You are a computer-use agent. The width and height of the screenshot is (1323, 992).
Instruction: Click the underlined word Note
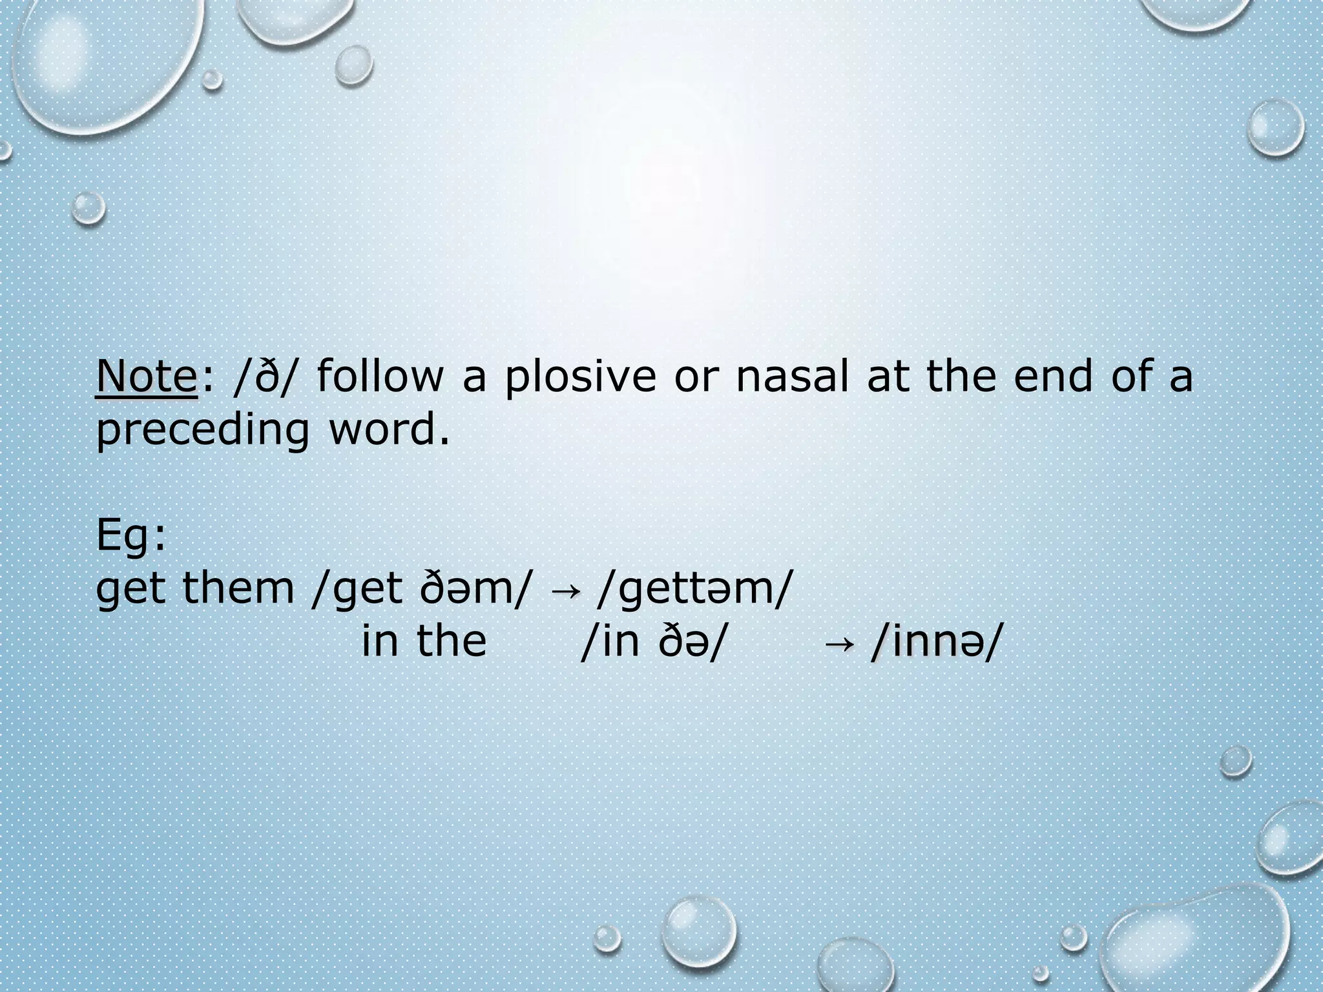tap(146, 377)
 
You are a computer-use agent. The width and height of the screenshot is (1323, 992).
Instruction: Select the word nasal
tap(792, 377)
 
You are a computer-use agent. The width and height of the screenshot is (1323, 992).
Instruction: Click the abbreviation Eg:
tap(131, 536)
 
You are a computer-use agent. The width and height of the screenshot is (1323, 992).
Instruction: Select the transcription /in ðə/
tap(650, 642)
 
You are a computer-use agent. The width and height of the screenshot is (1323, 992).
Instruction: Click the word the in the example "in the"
tap(451, 642)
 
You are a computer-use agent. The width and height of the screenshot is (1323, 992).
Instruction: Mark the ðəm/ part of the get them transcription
tap(483, 589)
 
